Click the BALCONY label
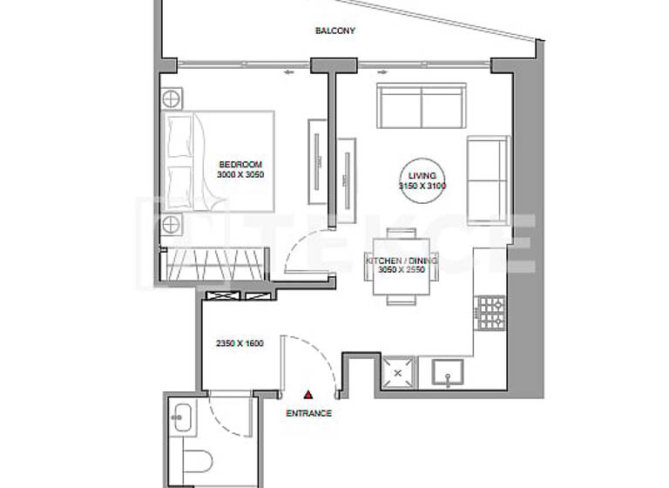334,30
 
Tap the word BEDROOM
240,164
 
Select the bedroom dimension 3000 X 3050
240,174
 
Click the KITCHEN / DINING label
402,261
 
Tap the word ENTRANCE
308,413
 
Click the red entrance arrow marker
307,395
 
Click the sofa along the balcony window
422,105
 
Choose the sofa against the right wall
488,179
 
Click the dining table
401,266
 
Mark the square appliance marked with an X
398,372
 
